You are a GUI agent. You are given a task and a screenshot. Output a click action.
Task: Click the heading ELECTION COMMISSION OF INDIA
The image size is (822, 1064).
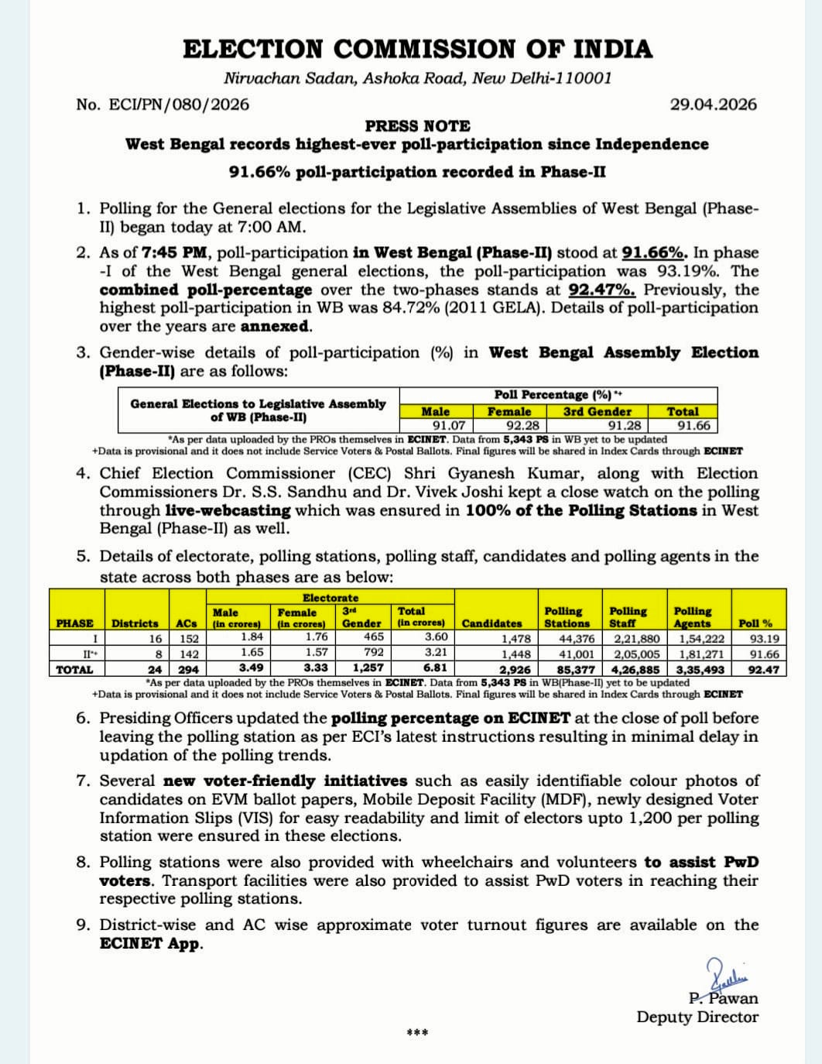(x=417, y=50)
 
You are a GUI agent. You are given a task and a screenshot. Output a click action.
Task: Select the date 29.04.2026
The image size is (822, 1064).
(x=713, y=105)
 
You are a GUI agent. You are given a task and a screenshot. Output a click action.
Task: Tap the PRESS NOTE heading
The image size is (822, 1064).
(x=417, y=125)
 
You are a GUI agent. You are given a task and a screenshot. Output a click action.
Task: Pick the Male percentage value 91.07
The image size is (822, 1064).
(x=448, y=425)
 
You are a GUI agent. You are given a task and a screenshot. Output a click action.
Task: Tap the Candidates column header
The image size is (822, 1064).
(x=491, y=623)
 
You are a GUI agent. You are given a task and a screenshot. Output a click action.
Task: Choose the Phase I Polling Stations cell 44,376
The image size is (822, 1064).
(x=577, y=639)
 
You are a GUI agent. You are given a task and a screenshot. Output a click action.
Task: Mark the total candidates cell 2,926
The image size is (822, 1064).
(x=515, y=669)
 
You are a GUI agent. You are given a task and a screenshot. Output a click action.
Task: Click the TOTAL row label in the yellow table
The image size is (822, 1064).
(x=74, y=669)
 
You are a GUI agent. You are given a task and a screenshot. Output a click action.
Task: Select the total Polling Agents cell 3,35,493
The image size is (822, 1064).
(x=700, y=669)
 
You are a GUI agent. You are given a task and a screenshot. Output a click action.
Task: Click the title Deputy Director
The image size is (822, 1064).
(x=697, y=1017)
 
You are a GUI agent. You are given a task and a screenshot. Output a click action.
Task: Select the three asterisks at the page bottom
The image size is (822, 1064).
(x=417, y=1033)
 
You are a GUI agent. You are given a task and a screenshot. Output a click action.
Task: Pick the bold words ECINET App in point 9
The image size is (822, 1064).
(x=150, y=943)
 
